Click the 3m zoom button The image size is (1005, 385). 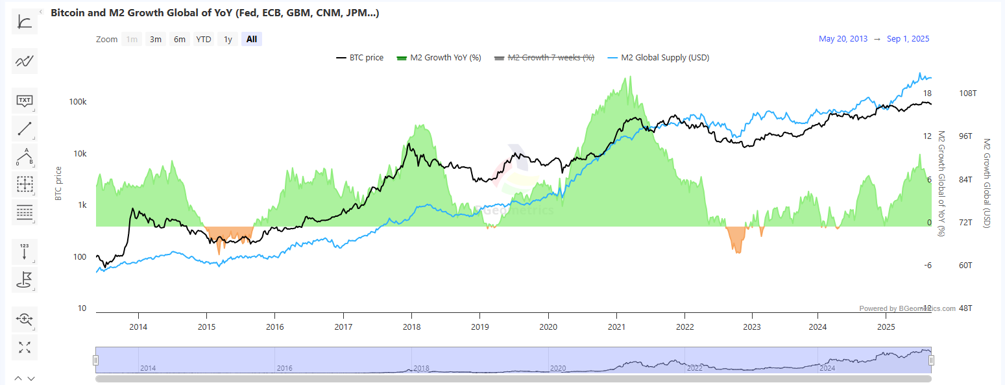pyautogui.click(x=156, y=39)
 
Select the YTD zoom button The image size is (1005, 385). pyautogui.click(x=204, y=39)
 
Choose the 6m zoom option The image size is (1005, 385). pyautogui.click(x=180, y=39)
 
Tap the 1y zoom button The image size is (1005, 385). pyautogui.click(x=228, y=39)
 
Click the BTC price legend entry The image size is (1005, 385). pyautogui.click(x=360, y=58)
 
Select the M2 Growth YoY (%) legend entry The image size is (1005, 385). pyautogui.click(x=439, y=58)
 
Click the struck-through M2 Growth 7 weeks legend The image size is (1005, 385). pyautogui.click(x=544, y=58)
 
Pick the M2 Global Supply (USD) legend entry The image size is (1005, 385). pyautogui.click(x=658, y=58)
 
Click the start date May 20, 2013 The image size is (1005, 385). pyautogui.click(x=843, y=39)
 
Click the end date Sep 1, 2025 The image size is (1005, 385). pyautogui.click(x=908, y=39)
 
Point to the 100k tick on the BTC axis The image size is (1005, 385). pyautogui.click(x=78, y=103)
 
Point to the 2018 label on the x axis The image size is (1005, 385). pyautogui.click(x=411, y=327)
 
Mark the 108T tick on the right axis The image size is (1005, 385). pyautogui.click(x=967, y=93)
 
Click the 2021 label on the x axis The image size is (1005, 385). pyautogui.click(x=616, y=327)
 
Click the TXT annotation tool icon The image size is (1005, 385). pyautogui.click(x=25, y=101)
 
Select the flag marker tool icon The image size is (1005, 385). pyautogui.click(x=25, y=280)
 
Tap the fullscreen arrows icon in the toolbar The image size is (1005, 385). pyautogui.click(x=25, y=347)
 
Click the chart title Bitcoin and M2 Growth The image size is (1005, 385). pyautogui.click(x=214, y=13)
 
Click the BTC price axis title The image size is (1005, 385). pyautogui.click(x=58, y=183)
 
